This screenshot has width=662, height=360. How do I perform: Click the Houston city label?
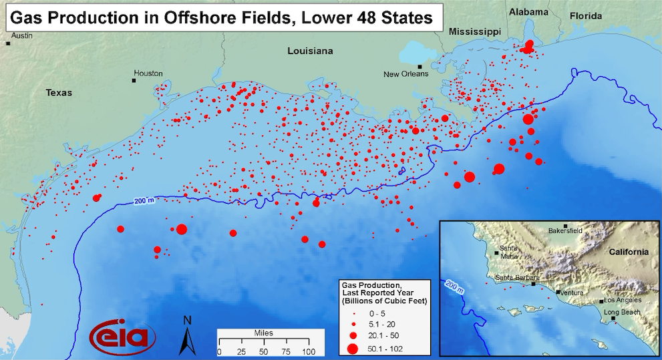tap(148, 73)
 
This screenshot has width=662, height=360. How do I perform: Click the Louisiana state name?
tap(309, 51)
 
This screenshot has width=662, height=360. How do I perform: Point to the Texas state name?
tap(58, 93)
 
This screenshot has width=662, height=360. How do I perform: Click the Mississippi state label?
tap(474, 31)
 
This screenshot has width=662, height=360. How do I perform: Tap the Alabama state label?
tap(528, 12)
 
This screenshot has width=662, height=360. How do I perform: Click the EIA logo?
tap(123, 336)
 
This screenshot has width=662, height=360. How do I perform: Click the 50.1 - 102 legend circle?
tap(352, 348)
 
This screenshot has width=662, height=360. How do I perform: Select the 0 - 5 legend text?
tap(379, 313)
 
